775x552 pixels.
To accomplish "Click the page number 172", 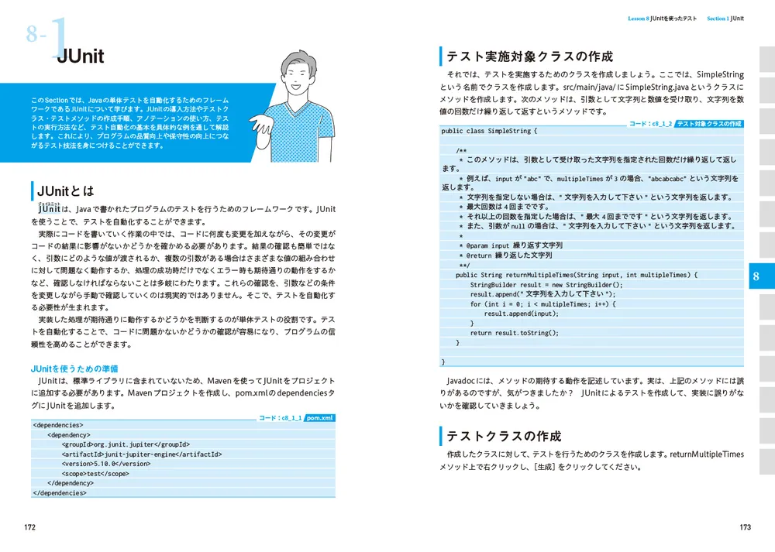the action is tap(29, 527).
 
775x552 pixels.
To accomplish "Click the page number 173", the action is tap(745, 527).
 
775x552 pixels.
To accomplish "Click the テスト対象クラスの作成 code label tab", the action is tap(708, 124).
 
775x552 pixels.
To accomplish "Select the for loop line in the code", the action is tap(542, 304).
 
